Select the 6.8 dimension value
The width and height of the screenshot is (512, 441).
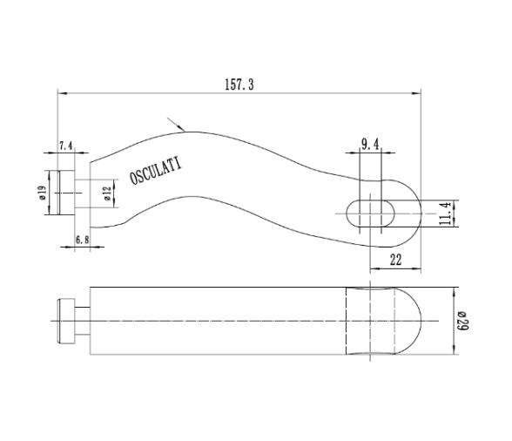pyautogui.click(x=83, y=239)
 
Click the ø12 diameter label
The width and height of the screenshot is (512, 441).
pyautogui.click(x=106, y=193)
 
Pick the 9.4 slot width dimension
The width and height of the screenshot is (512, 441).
pyautogui.click(x=370, y=145)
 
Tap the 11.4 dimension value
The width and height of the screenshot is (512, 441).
pyautogui.click(x=446, y=213)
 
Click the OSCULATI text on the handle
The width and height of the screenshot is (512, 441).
pyautogui.click(x=157, y=170)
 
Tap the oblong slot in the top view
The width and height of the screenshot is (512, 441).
pyautogui.click(x=371, y=212)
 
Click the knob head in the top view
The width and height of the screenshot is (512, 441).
pyautogui.click(x=61, y=192)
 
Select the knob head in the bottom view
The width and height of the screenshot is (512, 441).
pyautogui.click(x=64, y=321)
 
